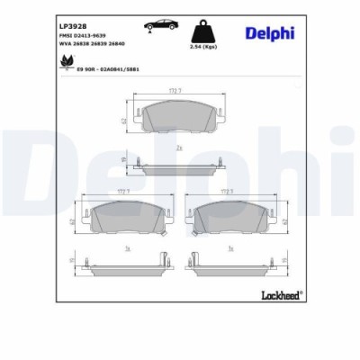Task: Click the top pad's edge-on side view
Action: pos(179,163)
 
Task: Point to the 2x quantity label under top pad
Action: pos(179,147)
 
